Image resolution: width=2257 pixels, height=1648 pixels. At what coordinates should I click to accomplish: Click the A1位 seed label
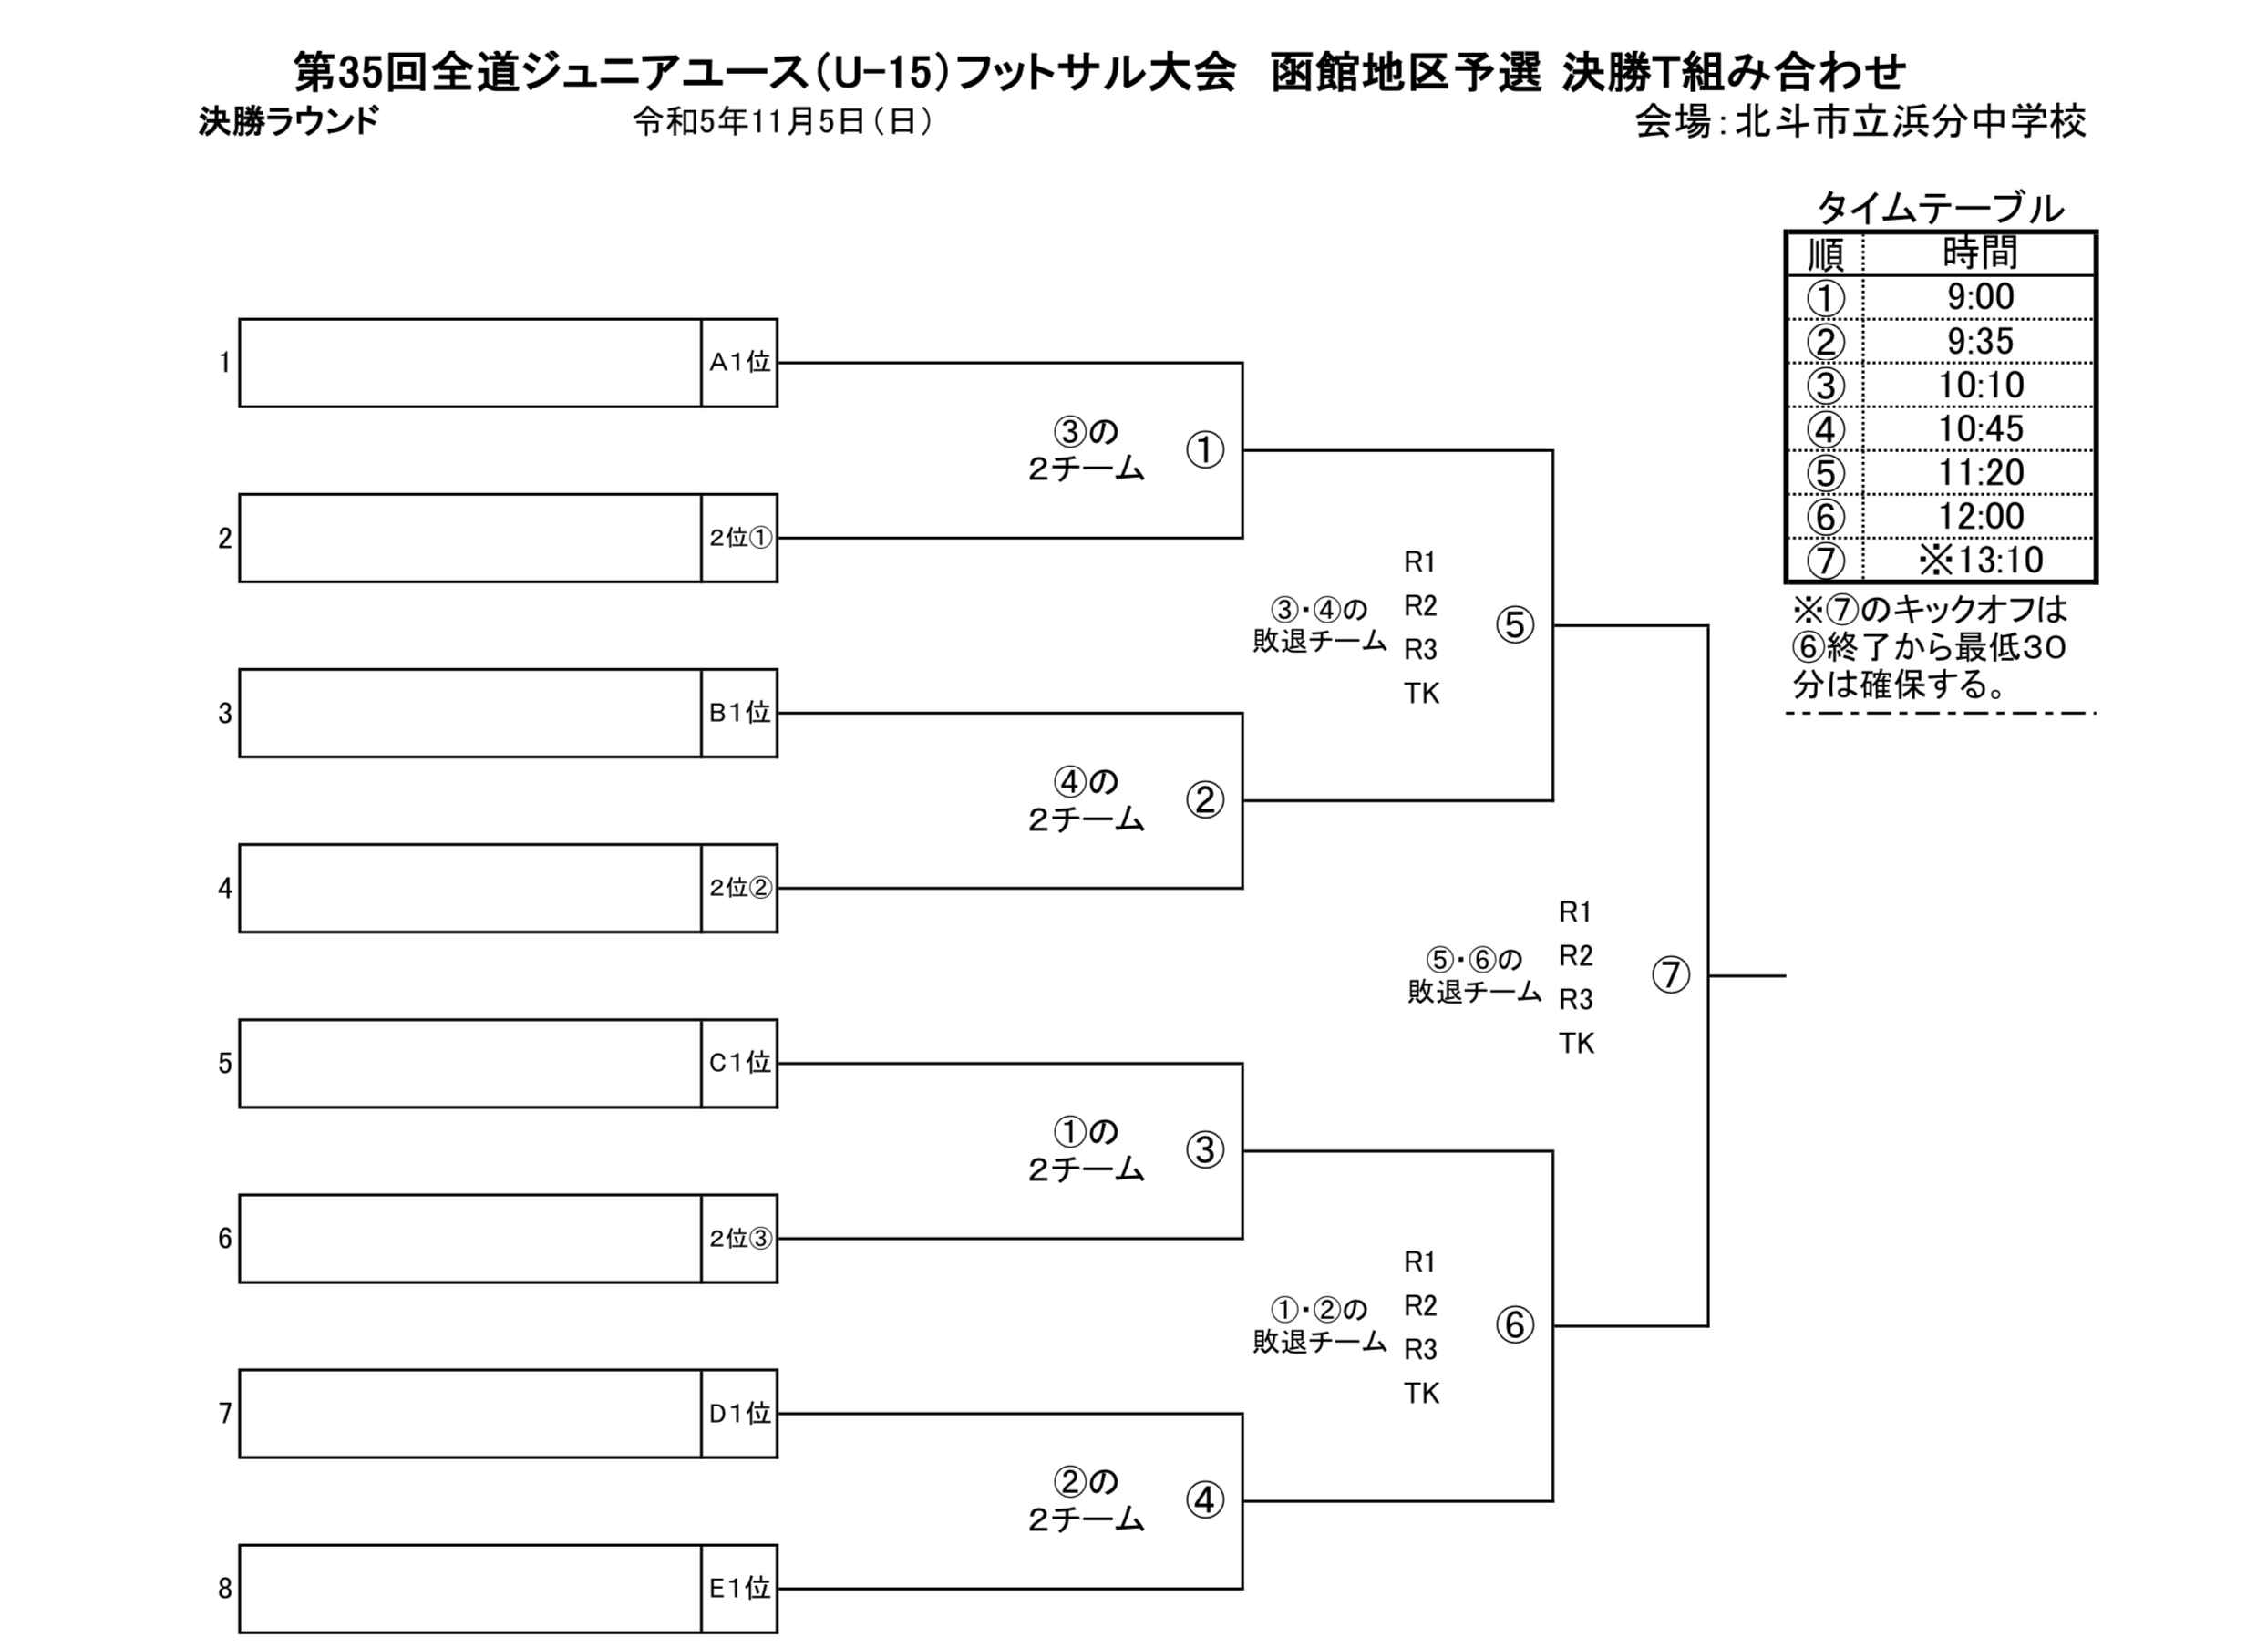739,362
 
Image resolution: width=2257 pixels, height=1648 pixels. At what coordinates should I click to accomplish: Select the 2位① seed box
739,538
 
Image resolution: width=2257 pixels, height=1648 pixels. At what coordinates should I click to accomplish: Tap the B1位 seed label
739,712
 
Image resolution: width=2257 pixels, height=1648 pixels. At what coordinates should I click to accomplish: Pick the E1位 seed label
739,1588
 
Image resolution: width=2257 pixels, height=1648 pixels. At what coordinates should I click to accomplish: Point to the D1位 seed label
739,1413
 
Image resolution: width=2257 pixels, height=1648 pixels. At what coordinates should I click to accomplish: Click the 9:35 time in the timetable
1980,341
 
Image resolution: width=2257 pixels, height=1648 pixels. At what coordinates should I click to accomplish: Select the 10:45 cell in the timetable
1980,429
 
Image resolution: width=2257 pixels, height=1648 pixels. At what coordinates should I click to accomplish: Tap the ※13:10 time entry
1980,560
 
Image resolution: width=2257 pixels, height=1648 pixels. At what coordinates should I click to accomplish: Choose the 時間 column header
1980,253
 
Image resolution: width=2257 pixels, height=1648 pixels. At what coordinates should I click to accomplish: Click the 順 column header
1825,254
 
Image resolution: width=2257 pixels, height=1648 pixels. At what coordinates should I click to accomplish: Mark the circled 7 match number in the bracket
1671,974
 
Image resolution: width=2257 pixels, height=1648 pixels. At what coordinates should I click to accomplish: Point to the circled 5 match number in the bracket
1515,625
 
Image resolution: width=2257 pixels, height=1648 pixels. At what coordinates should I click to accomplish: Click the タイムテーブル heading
1940,209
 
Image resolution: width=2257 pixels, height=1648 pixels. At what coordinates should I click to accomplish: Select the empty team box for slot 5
469,1064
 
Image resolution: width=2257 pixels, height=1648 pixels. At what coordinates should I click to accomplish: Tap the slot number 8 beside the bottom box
225,1588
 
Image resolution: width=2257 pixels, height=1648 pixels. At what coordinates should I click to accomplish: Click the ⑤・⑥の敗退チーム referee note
1474,974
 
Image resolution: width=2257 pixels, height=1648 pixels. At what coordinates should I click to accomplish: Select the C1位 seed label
739,1064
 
